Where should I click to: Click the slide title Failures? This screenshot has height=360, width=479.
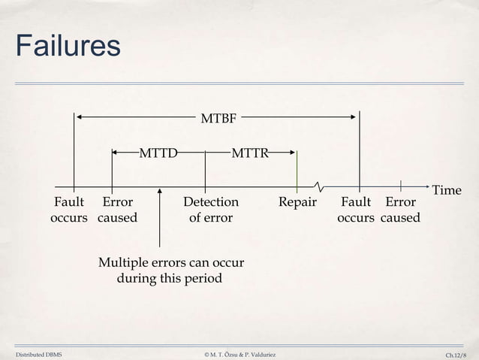[68, 46]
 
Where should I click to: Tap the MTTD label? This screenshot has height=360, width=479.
[158, 154]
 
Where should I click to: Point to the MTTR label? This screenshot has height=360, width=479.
[250, 154]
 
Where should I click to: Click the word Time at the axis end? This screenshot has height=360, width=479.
[447, 190]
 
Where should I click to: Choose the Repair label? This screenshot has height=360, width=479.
[297, 202]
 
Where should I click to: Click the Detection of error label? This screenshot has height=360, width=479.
[210, 210]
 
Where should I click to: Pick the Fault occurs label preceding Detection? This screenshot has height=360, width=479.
[69, 210]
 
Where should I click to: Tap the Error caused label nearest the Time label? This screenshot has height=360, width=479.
[400, 210]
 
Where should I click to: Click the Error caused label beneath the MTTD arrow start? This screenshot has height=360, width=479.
[117, 210]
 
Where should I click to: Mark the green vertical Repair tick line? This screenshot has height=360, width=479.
[297, 168]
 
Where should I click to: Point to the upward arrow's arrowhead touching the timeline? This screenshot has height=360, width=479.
[160, 192]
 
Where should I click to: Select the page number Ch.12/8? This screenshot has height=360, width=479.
[455, 353]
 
